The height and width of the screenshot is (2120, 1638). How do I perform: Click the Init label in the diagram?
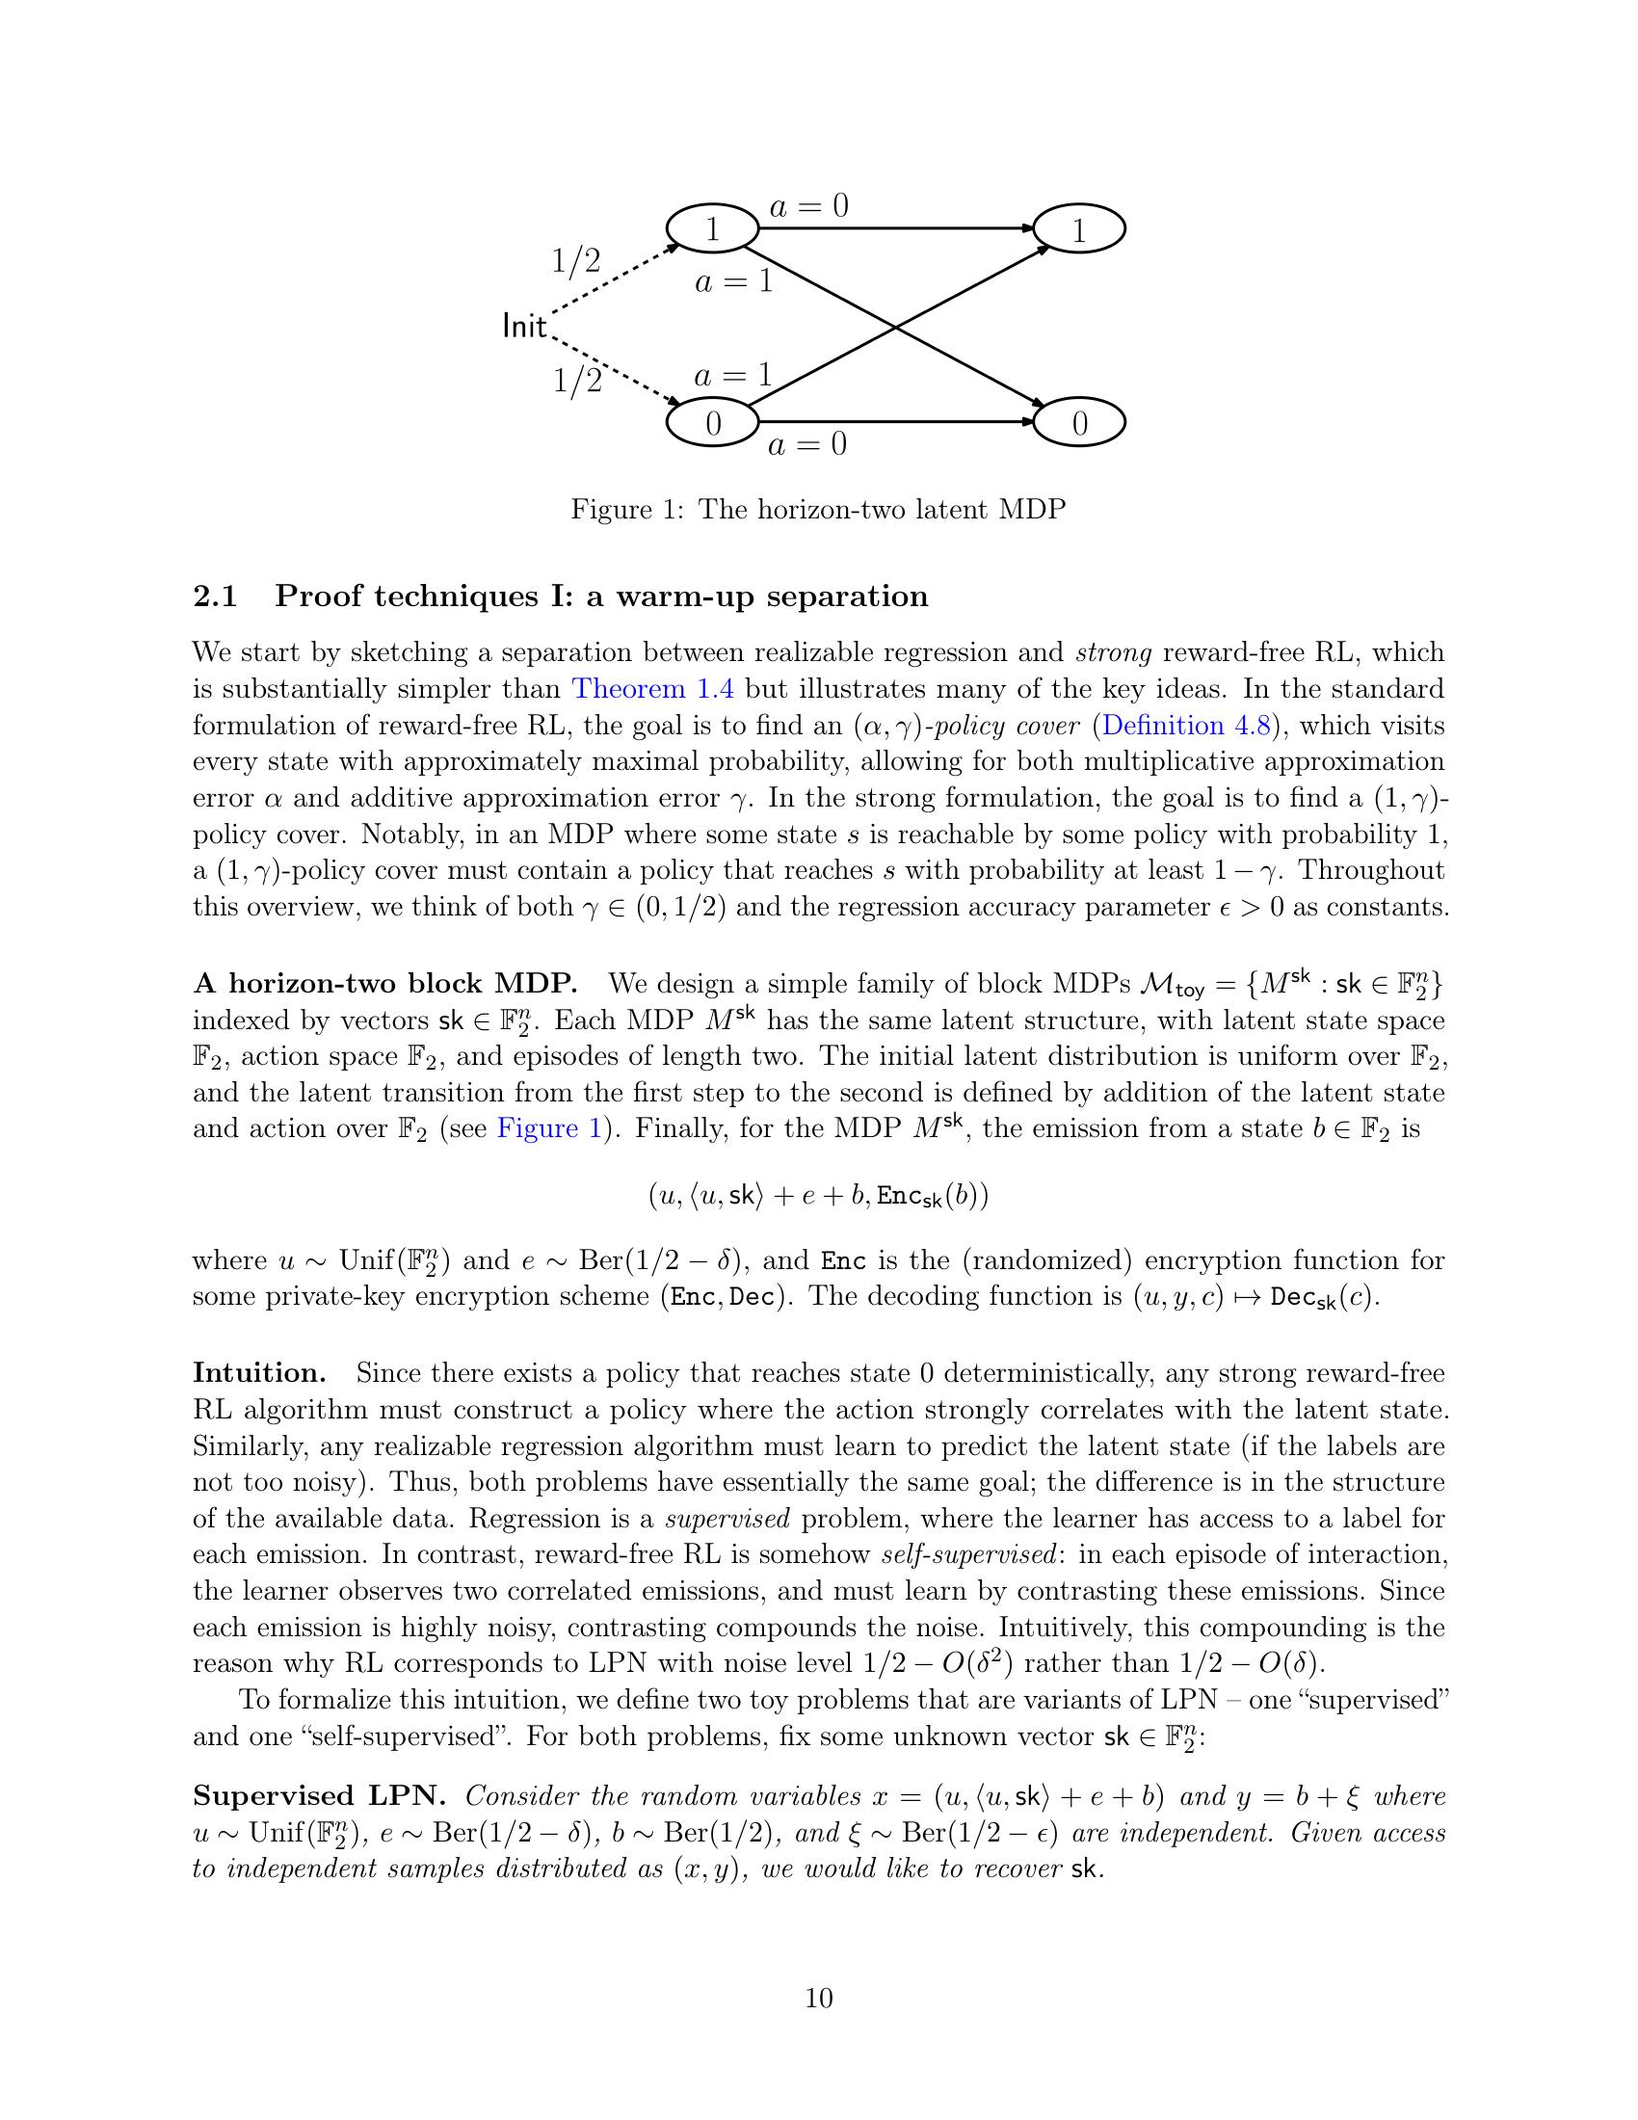tap(524, 327)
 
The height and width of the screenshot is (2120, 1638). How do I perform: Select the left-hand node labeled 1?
tap(712, 229)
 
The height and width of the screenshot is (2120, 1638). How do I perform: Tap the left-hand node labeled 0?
tap(712, 423)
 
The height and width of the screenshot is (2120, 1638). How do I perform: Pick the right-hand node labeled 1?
tap(1079, 230)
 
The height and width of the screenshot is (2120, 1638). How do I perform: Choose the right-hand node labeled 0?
tap(1079, 423)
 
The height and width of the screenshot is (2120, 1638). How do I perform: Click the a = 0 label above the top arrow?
tap(808, 206)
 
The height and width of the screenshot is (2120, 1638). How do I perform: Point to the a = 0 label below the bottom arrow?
tap(806, 444)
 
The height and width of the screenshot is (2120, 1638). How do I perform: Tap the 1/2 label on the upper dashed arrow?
tap(575, 260)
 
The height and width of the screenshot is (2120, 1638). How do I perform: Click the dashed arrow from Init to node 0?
tap(611, 369)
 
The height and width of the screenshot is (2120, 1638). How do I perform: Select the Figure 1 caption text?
tap(818, 509)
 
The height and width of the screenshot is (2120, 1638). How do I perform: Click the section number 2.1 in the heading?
tap(216, 596)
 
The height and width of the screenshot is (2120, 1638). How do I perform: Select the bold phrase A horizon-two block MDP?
tap(385, 983)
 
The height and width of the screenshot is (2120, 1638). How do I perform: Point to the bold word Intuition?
tap(258, 1372)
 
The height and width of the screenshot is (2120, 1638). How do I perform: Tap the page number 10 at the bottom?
tap(818, 1999)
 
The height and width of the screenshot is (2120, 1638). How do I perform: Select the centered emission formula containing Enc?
tap(818, 1196)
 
